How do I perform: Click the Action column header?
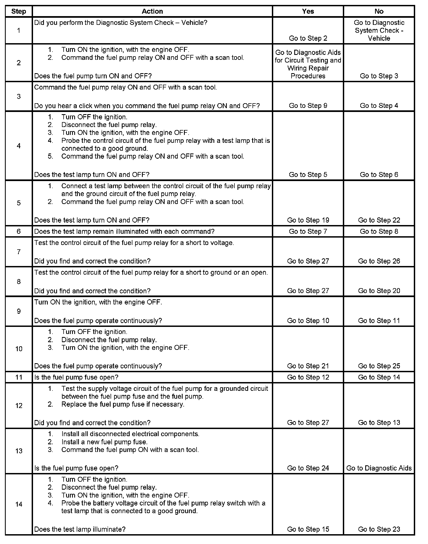[152, 11]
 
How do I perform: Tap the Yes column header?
[308, 11]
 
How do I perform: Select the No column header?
[379, 11]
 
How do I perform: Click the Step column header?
[19, 11]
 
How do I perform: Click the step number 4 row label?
[19, 146]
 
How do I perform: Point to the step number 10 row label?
[19, 349]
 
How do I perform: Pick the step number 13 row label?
[19, 451]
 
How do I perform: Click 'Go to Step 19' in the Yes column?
[308, 220]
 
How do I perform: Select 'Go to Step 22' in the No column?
[379, 220]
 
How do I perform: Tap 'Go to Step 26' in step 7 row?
[379, 261]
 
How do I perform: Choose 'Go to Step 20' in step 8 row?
[379, 291]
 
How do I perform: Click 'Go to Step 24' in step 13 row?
[308, 468]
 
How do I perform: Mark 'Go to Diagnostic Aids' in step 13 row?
[379, 468]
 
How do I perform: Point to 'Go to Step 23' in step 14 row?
[379, 529]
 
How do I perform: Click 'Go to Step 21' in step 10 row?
[308, 366]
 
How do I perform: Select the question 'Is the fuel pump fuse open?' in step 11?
[76, 377]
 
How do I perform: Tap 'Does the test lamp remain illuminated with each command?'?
[124, 232]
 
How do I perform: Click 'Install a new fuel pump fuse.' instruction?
[104, 442]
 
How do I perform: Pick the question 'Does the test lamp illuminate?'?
[80, 529]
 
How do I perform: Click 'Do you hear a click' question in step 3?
[147, 106]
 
